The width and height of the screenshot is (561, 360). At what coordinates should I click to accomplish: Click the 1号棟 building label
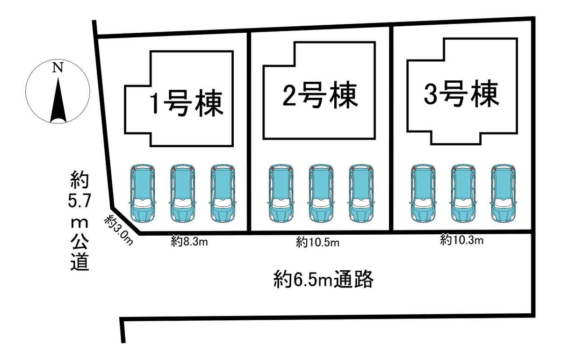185,103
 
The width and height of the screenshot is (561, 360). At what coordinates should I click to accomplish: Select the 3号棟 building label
460,94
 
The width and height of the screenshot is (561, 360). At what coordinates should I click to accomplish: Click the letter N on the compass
58,68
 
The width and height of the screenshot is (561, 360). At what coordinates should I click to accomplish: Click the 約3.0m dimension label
119,230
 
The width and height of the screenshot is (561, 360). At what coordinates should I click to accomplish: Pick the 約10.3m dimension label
461,241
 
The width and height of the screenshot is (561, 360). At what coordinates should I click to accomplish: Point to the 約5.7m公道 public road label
79,221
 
